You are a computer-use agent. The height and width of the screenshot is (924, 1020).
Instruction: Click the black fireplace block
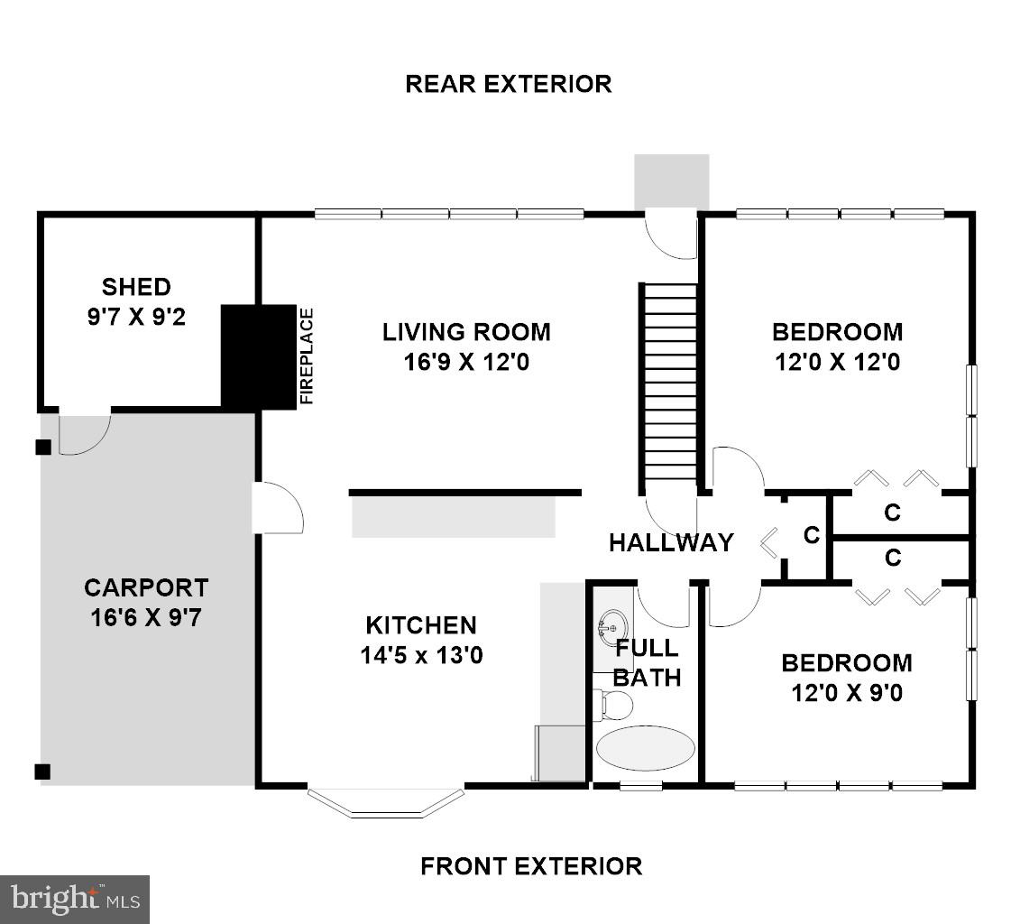(x=258, y=357)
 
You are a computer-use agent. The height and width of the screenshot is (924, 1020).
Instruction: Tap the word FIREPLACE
(x=307, y=356)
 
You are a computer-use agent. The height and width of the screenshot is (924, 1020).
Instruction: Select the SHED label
(x=136, y=287)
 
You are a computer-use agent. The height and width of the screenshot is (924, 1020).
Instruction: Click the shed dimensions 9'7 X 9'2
(x=136, y=317)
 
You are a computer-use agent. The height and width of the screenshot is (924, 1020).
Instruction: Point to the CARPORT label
(x=146, y=587)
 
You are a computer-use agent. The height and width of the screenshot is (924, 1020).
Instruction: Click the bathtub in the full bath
(x=645, y=747)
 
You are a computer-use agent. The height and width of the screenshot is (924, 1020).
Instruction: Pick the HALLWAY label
(x=671, y=542)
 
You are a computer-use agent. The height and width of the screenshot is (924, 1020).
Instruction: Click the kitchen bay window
(x=386, y=803)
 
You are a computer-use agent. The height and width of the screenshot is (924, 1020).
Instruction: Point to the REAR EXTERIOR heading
(x=509, y=84)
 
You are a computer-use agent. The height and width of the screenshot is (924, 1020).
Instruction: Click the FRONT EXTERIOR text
(x=531, y=866)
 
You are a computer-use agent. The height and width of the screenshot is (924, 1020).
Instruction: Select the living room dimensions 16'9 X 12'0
(x=466, y=362)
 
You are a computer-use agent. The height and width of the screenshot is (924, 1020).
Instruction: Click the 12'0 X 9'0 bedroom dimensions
(x=846, y=693)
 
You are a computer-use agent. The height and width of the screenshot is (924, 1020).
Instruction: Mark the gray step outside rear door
(x=671, y=181)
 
